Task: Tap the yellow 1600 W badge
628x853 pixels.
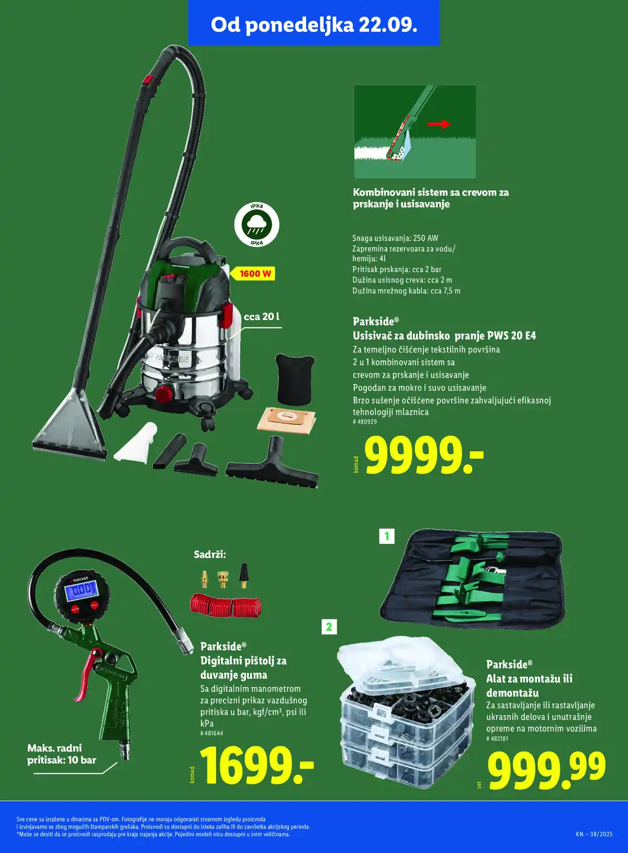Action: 253,274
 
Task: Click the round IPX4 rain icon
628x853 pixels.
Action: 256,225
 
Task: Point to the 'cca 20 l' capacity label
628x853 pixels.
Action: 262,316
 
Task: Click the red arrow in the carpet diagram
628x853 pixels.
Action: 439,124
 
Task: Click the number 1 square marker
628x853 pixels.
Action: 387,537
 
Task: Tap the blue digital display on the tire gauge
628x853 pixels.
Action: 80,590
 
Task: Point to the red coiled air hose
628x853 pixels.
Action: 226,604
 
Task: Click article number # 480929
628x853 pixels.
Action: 365,422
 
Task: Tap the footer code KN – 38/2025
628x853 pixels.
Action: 594,834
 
